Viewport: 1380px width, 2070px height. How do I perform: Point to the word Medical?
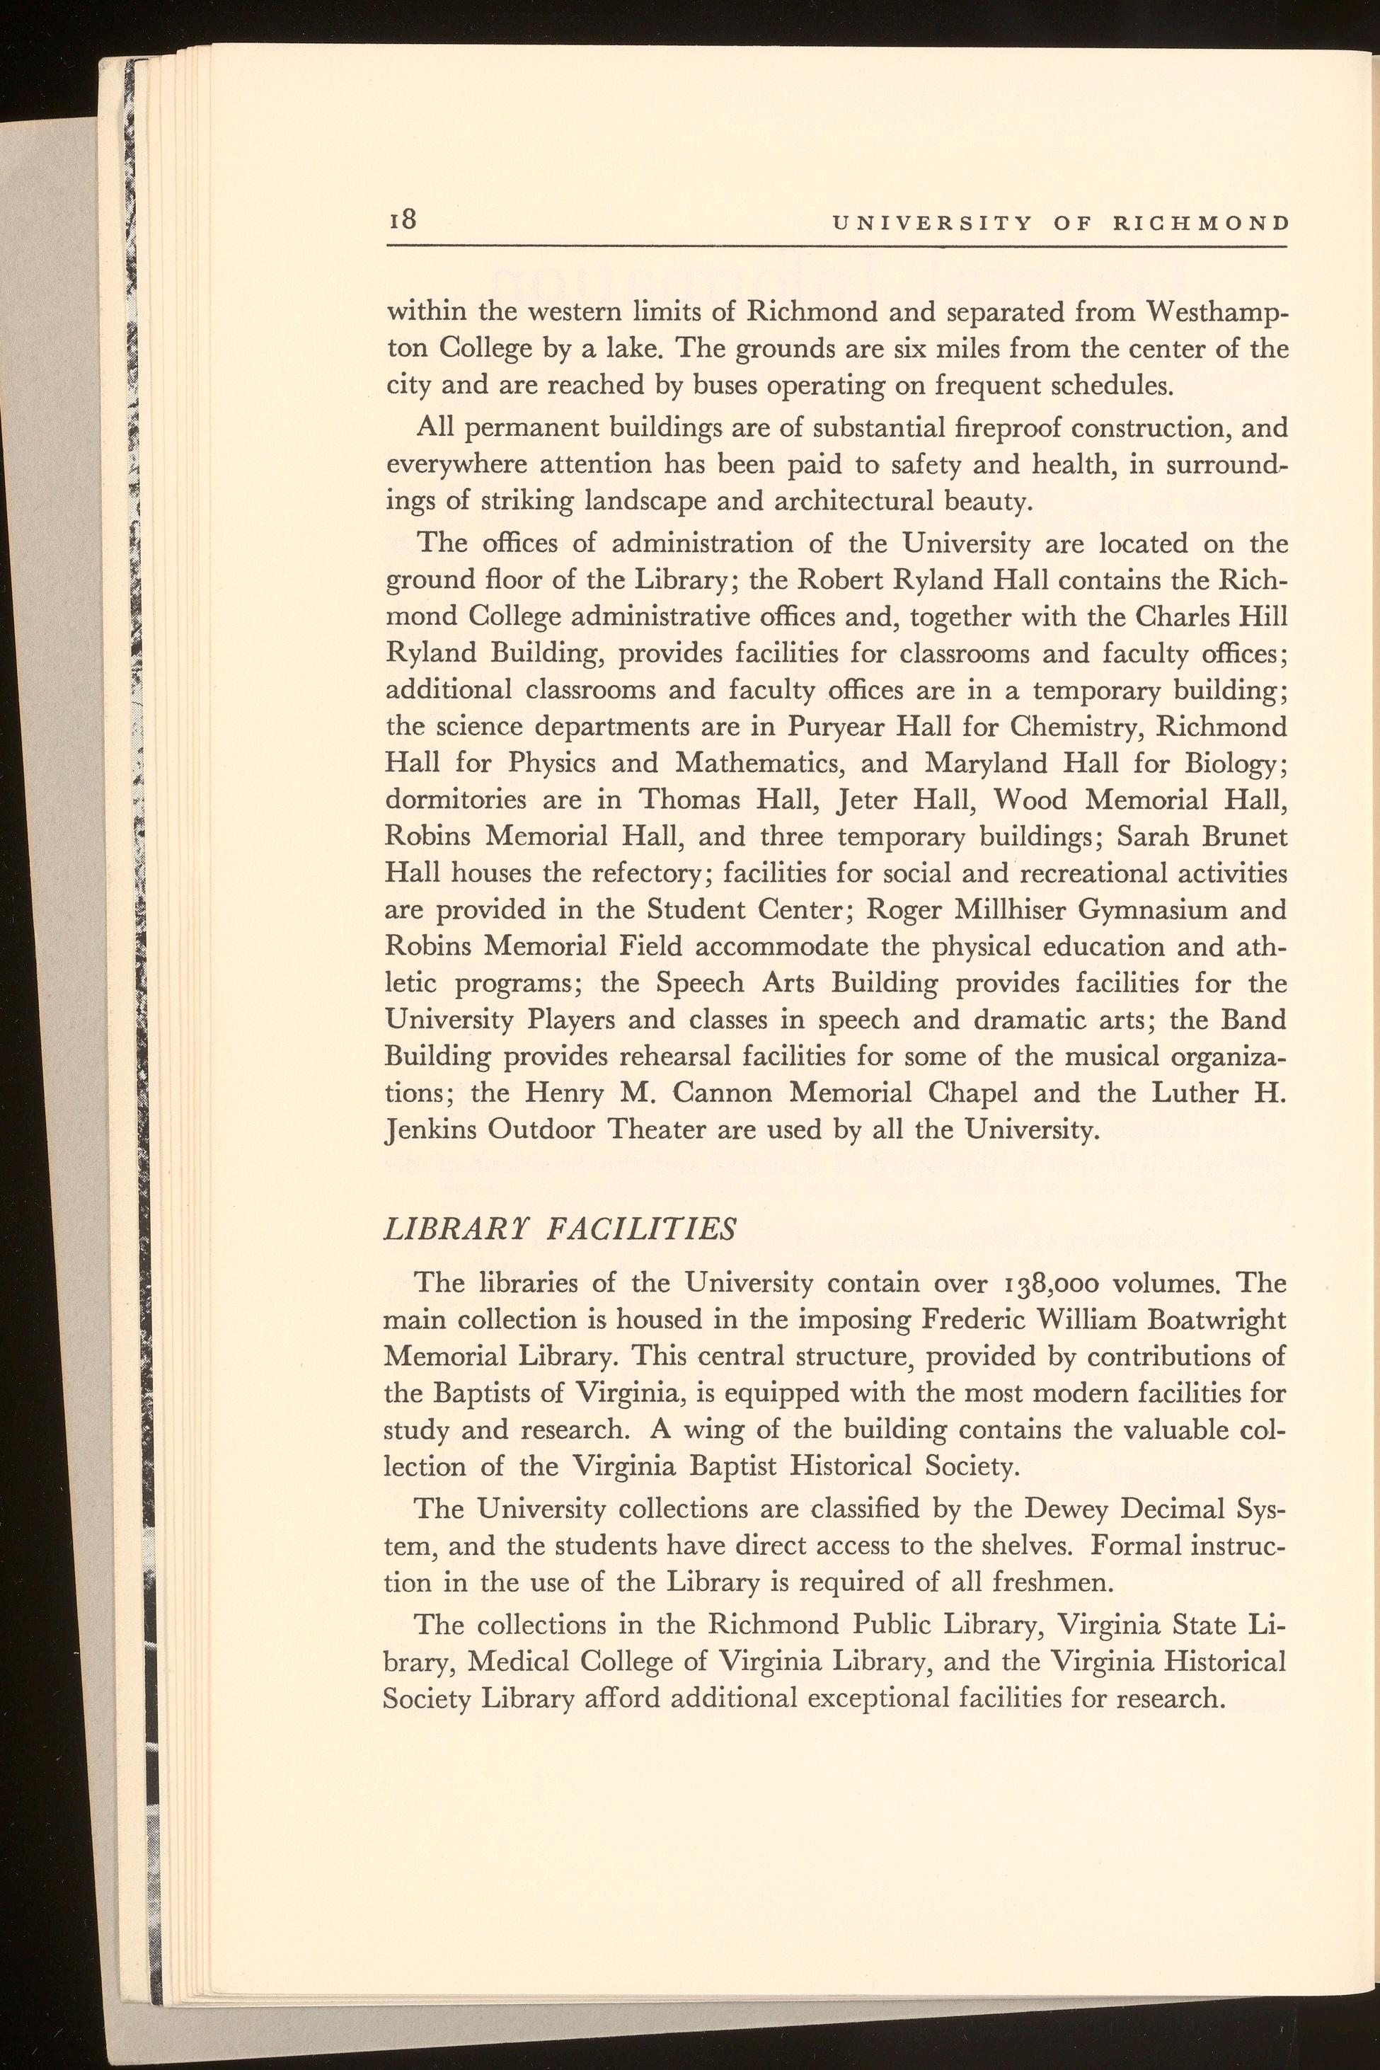[x=517, y=1662]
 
